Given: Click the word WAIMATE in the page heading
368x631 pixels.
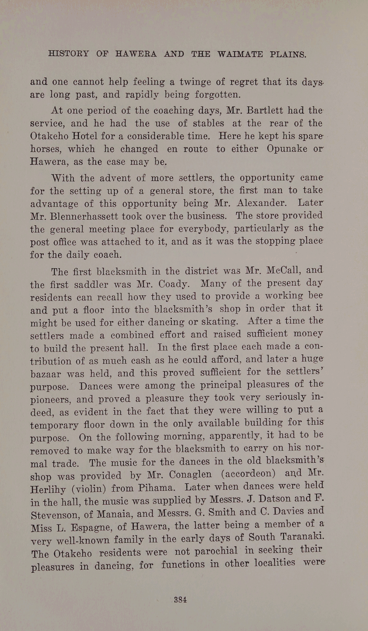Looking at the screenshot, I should coord(240,54).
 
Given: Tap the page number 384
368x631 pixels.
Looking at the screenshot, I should coord(180,599).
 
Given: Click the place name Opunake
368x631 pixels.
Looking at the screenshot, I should coord(286,149).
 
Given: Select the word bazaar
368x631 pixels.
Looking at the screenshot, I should coord(46,374).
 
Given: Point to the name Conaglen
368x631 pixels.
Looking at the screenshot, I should coord(190,475).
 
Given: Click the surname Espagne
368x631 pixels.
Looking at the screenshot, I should coord(89,527).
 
